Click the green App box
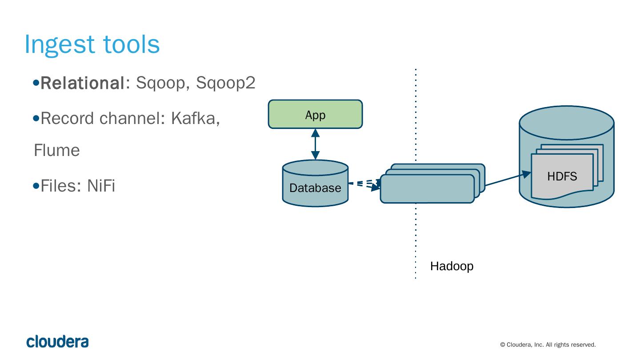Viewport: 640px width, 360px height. click(x=315, y=114)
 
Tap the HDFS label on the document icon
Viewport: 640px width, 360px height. click(x=562, y=176)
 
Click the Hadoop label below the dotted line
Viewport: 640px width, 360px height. click(x=452, y=266)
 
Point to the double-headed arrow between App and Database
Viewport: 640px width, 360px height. click(x=315, y=144)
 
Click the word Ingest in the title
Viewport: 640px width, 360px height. click(x=60, y=44)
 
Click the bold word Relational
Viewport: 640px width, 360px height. click(x=82, y=83)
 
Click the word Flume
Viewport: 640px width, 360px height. click(x=57, y=150)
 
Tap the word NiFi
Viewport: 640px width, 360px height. click(x=101, y=186)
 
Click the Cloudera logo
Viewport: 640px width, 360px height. click(x=57, y=342)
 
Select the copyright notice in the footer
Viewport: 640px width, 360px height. click(x=548, y=345)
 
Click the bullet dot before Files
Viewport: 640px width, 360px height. click(x=36, y=186)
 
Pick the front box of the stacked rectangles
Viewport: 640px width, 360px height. click(x=427, y=189)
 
